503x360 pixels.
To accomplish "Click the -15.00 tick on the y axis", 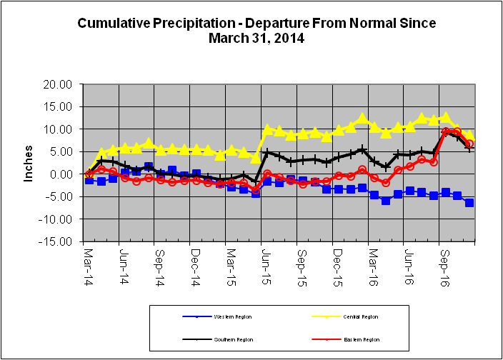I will click(57, 241).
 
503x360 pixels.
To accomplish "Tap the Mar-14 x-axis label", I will click(88, 262).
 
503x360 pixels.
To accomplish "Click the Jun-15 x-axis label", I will click(265, 262).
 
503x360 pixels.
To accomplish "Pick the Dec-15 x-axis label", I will click(336, 262).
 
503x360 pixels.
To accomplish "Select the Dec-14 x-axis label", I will click(194, 262).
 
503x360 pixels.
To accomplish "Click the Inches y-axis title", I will click(29, 164).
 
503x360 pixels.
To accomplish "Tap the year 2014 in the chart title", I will click(289, 38).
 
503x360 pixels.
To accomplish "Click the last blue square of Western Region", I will click(469, 203).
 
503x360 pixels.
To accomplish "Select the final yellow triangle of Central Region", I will click(469, 135).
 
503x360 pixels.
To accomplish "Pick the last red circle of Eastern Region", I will click(469, 144).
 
